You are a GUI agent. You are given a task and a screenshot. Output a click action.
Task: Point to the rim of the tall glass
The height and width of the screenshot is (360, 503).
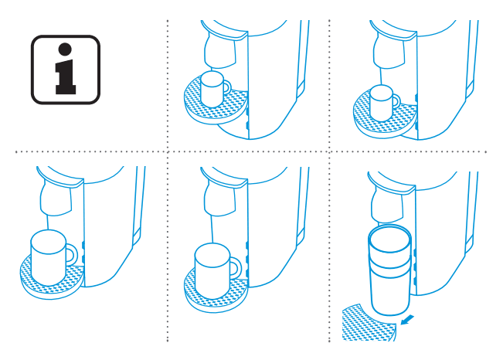pos(391,231)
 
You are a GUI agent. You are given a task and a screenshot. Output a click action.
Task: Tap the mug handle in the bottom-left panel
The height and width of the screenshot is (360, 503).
pos(72,253)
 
